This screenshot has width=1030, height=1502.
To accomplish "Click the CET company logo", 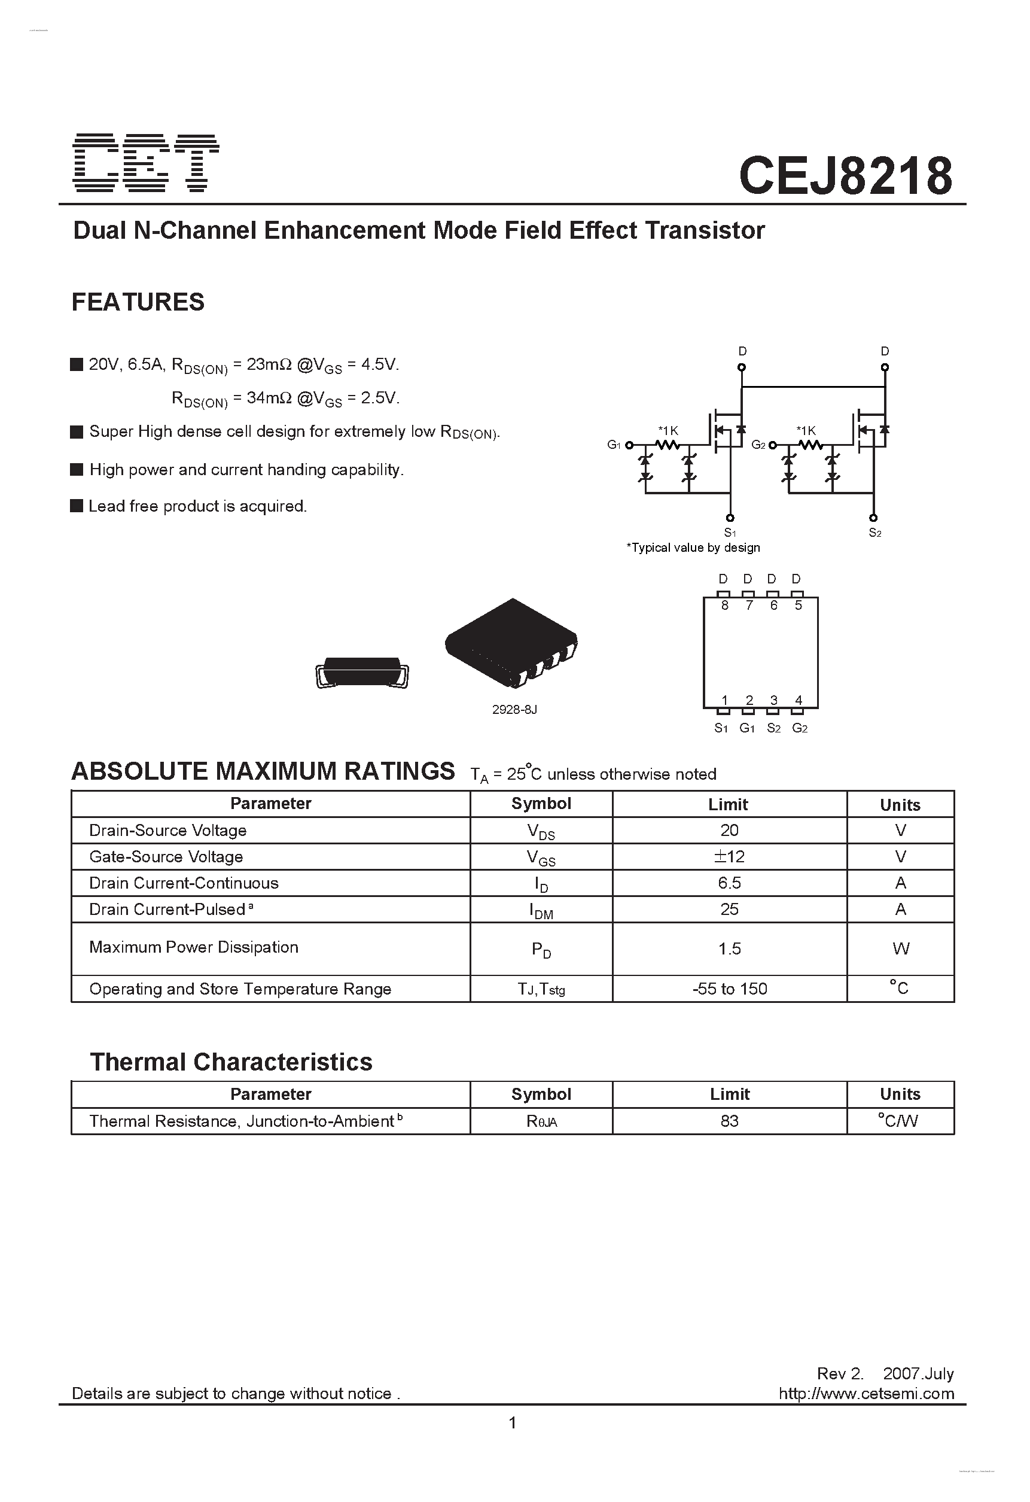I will [x=146, y=163].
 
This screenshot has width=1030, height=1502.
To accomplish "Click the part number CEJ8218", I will [x=845, y=177].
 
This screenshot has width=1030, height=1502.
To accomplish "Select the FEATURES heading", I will [x=138, y=302].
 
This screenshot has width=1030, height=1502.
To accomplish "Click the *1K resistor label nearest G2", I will [x=806, y=430].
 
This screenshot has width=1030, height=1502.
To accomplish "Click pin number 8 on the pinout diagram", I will [x=724, y=606].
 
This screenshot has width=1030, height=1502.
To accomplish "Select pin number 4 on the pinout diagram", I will [x=798, y=700].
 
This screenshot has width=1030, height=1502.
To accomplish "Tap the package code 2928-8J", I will [x=514, y=709].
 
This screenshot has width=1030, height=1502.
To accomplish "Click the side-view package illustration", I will [x=362, y=672].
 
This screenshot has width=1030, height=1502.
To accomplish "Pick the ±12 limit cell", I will [x=729, y=856].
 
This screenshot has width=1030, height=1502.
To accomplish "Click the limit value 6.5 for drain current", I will [x=729, y=883].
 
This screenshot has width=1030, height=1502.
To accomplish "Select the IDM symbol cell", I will [x=541, y=911].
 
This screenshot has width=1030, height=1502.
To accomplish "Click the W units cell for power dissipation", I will [x=900, y=948].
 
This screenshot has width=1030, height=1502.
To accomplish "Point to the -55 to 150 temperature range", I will [x=729, y=989].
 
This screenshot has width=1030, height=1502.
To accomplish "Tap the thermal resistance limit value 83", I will [x=729, y=1121].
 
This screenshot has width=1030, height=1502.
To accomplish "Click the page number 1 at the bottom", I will [x=513, y=1422].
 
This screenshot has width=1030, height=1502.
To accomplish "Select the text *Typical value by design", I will [x=693, y=548].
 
